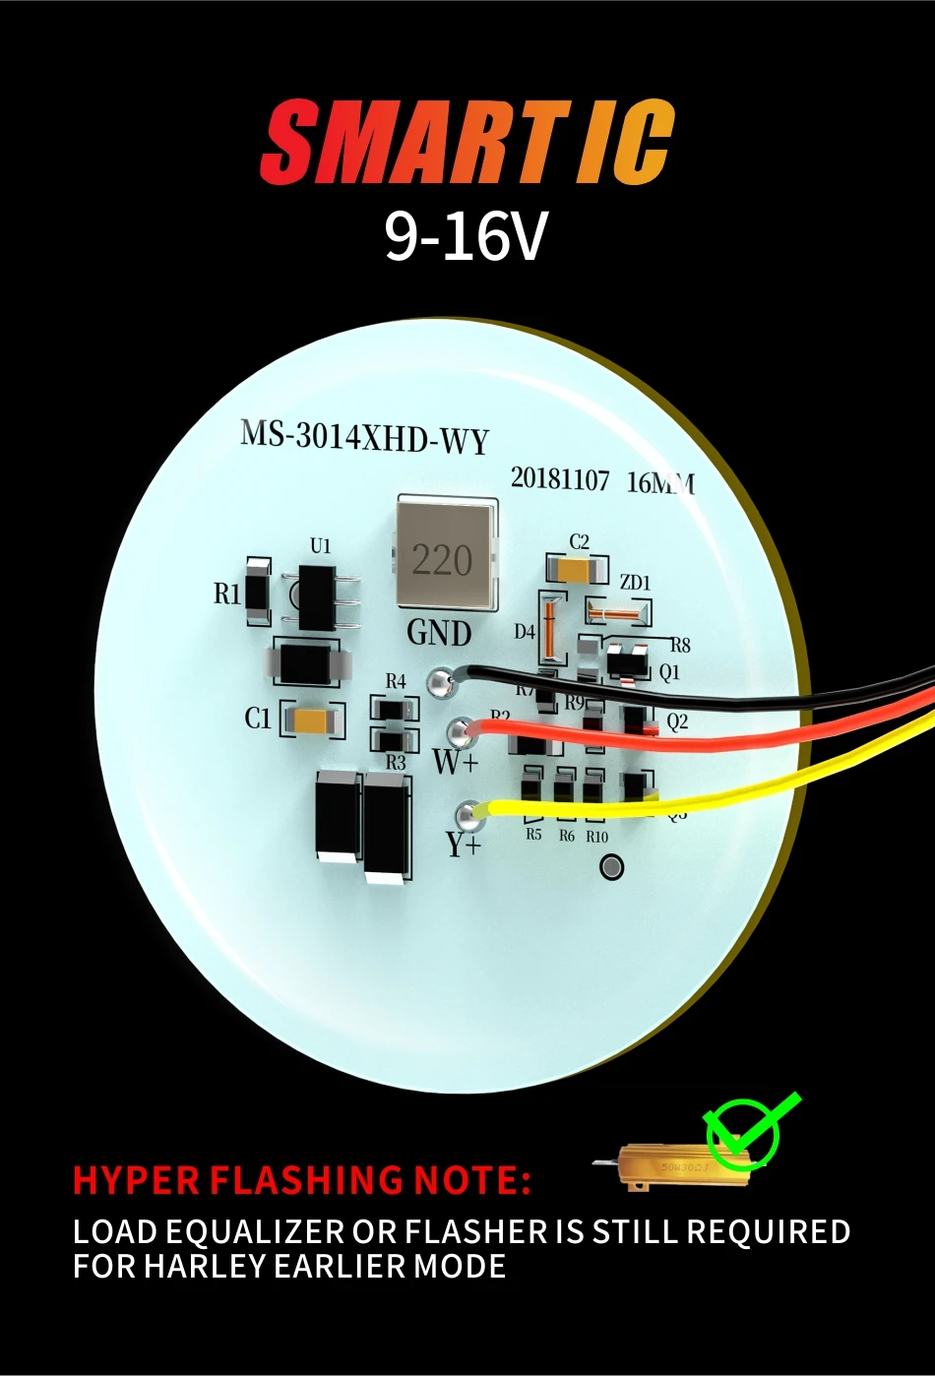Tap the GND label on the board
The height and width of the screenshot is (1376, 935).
[x=439, y=632]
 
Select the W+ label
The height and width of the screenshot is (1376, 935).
[x=455, y=761]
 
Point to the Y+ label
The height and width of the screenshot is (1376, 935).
[x=463, y=844]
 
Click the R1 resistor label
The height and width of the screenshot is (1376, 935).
[x=227, y=594]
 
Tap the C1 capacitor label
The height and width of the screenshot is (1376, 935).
[x=258, y=719]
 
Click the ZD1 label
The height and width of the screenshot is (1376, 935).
[x=635, y=583]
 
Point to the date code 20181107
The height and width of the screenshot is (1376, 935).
[x=560, y=479]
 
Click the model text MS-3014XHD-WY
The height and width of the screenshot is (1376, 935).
[x=364, y=437]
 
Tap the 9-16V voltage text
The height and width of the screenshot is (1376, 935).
[x=465, y=236]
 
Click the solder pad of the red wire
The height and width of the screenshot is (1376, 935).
[x=458, y=731]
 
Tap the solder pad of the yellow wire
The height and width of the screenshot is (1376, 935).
[x=468, y=813]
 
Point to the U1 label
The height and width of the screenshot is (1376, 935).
[x=321, y=545]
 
